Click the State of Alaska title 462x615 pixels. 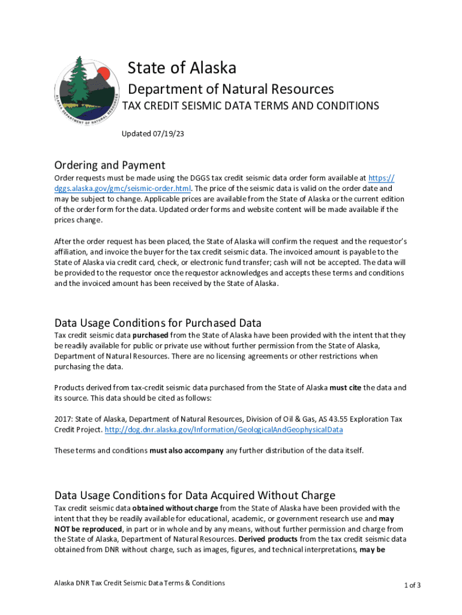182,67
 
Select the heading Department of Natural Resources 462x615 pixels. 232,89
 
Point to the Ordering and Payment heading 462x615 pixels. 109,165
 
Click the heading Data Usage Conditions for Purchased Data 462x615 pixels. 158,323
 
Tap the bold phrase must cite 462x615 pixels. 345,388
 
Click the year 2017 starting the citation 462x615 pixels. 63,419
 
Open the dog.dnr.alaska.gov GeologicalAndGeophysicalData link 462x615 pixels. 224,430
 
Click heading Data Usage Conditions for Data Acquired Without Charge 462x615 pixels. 194,495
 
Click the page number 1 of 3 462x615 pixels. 412,585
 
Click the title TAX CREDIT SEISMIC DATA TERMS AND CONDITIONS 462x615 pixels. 251,106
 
